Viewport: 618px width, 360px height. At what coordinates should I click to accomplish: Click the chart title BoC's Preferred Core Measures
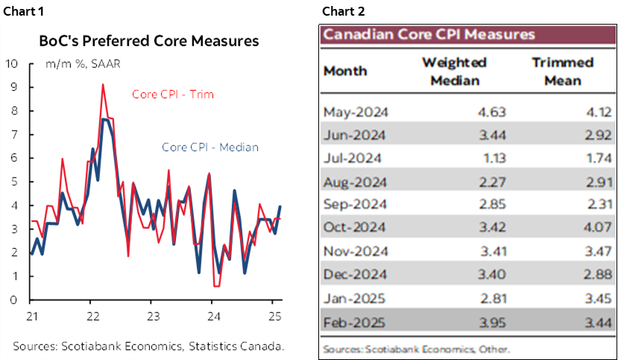click(148, 40)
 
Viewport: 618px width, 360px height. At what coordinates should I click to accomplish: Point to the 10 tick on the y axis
click(11, 63)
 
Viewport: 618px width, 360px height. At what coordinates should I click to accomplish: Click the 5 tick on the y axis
click(13, 182)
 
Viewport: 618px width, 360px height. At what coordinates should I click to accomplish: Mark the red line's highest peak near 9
click(102, 85)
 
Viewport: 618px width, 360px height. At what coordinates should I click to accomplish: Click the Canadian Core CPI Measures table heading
click(429, 34)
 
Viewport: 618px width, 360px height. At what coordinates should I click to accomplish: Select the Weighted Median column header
click(454, 70)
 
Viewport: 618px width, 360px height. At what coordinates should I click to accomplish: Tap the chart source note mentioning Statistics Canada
click(148, 346)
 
